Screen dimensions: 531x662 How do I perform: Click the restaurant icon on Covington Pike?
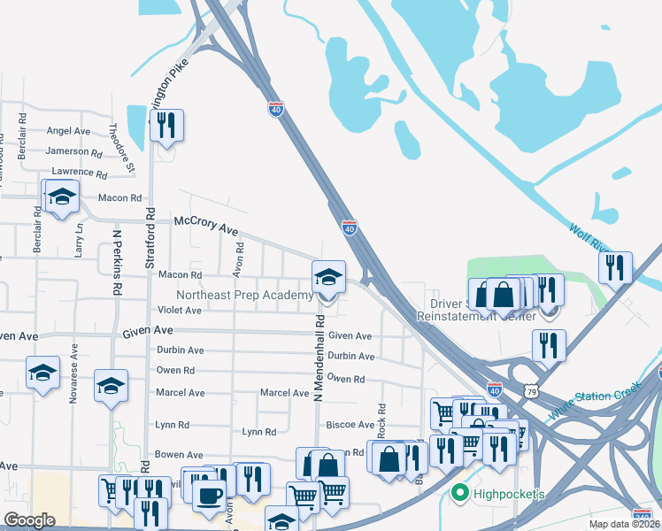pyautogui.click(x=165, y=126)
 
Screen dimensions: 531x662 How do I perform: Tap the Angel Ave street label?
pyautogui.click(x=68, y=131)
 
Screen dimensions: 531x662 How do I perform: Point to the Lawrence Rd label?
pyautogui.click(x=79, y=172)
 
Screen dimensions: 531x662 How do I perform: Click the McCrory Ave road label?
pyautogui.click(x=206, y=225)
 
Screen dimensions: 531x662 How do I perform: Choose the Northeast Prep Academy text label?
pyautogui.click(x=244, y=295)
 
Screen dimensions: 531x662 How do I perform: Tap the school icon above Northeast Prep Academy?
pyautogui.click(x=328, y=277)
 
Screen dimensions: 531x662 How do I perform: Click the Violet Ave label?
pyautogui.click(x=180, y=311)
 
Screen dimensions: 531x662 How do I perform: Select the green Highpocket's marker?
pyautogui.click(x=459, y=492)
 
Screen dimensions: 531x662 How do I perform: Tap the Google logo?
pyautogui.click(x=29, y=520)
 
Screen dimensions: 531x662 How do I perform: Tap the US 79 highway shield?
pyautogui.click(x=530, y=389)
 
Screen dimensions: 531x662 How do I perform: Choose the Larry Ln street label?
pyautogui.click(x=79, y=239)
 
